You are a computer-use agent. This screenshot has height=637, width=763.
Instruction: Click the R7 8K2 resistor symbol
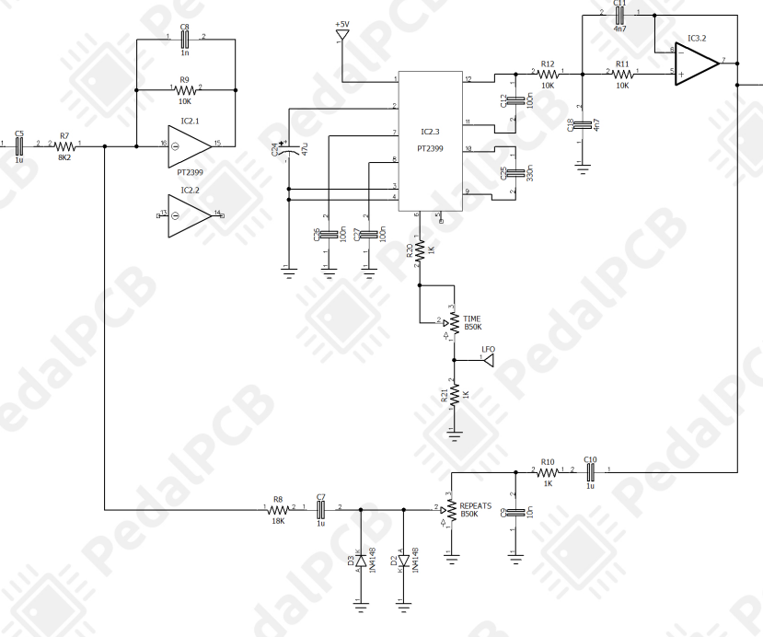64,145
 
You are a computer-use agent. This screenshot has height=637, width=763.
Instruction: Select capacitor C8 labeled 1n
185,40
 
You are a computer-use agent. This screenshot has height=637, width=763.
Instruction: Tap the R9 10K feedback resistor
185,89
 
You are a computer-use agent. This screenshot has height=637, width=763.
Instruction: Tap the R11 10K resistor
622,73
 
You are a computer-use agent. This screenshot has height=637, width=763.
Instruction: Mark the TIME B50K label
472,322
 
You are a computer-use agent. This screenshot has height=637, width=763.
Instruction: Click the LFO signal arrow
488,360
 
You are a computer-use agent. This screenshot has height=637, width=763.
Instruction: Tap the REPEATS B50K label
476,510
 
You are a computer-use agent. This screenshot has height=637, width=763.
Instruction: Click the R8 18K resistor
278,508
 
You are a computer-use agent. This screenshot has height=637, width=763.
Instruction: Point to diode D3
360,559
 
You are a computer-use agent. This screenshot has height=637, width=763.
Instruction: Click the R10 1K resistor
548,471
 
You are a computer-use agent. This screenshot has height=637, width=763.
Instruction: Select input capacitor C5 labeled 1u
19,145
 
